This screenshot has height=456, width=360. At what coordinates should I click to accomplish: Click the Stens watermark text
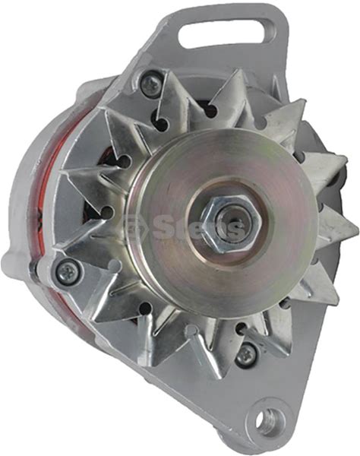coord(198,228)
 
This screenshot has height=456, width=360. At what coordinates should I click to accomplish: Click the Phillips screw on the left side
coord(68,272)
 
